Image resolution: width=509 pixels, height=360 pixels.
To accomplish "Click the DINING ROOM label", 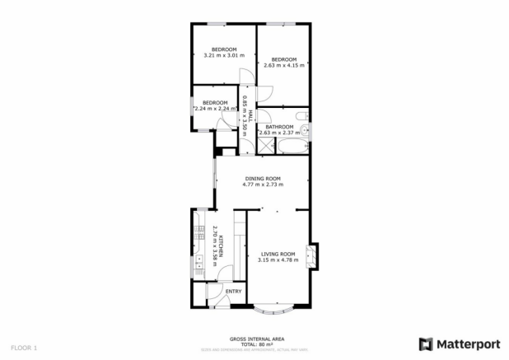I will pyautogui.click(x=263, y=179).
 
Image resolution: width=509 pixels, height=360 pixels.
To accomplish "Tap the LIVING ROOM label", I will pyautogui.click(x=278, y=254).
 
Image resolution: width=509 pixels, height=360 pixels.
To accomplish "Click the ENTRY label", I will pyautogui.click(x=234, y=292).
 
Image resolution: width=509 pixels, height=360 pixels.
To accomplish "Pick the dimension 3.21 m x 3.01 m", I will pyautogui.click(x=224, y=55).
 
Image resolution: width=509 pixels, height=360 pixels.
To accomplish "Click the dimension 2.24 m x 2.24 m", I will pyautogui.click(x=215, y=109).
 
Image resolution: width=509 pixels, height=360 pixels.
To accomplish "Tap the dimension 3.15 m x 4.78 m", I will pyautogui.click(x=278, y=260).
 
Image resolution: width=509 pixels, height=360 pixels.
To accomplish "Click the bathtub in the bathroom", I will pyautogui.click(x=292, y=147).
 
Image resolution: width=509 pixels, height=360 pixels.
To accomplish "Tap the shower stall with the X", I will pyautogui.click(x=266, y=147).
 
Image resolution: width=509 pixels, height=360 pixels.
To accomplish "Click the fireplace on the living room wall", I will pyautogui.click(x=313, y=257).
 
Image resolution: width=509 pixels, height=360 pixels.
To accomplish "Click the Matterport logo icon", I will pyautogui.click(x=426, y=343).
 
